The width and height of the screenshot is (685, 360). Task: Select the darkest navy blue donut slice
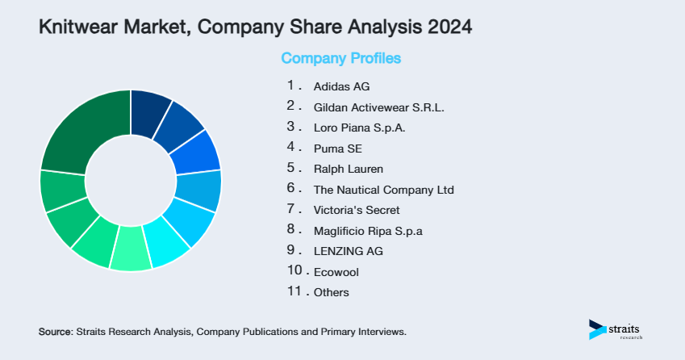tap(149, 108)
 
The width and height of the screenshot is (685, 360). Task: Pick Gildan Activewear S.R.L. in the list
tap(378, 107)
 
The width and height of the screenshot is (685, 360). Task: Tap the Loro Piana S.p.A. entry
tap(359, 128)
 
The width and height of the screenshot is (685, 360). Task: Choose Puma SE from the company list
tap(338, 149)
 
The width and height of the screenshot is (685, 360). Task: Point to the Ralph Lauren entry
tap(348, 170)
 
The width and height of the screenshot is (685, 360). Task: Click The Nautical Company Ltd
tap(383, 190)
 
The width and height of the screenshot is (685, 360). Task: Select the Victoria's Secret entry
tap(356, 211)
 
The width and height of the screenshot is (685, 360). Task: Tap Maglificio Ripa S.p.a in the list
tap(368, 231)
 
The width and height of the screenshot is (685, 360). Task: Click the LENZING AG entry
tap(348, 252)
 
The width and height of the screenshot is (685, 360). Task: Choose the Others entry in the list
tap(332, 293)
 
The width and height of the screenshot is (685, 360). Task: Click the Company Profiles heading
tap(340, 58)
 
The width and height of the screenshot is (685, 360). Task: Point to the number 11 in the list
tap(294, 291)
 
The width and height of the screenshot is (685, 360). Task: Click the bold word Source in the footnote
tap(55, 332)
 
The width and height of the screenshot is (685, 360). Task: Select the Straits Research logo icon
tap(597, 329)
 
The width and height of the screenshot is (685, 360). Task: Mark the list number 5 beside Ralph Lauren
tap(291, 168)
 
